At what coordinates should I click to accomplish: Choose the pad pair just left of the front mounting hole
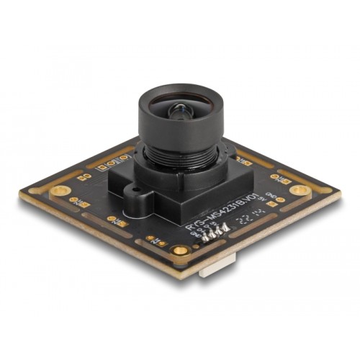[153, 238]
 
